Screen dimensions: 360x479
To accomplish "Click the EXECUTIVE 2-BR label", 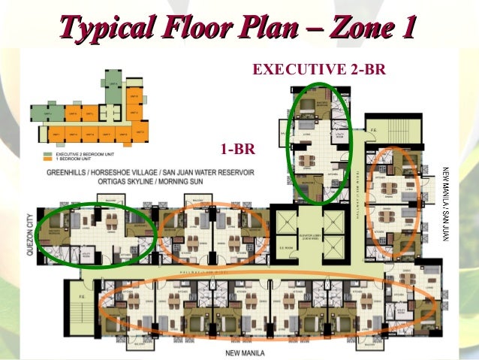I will pos(319,70).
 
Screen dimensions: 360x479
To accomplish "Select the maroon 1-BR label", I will pos(237,149).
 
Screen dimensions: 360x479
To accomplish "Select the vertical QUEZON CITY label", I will pos(29,237).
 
